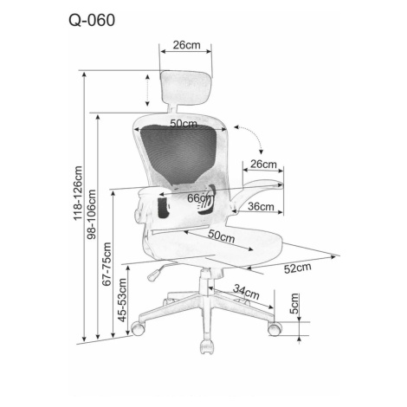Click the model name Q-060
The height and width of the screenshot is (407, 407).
coord(92,20)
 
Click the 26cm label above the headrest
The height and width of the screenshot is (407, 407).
coord(186,45)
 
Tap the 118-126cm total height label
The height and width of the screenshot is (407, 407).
coord(78,193)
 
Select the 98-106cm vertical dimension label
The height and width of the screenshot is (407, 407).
coord(91,214)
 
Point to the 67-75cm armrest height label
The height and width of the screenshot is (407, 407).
coord(107,264)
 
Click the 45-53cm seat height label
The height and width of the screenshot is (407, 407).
coord(123,300)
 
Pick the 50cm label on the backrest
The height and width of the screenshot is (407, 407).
coord(184,124)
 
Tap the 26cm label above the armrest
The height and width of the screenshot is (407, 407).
coord(263,165)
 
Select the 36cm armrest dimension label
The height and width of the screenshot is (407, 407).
coord(261,206)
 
